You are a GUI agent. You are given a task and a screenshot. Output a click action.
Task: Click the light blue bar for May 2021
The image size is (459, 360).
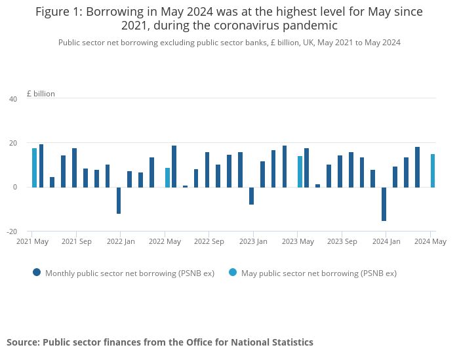pos(34,168)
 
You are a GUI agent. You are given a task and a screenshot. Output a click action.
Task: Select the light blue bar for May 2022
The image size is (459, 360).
pos(167,178)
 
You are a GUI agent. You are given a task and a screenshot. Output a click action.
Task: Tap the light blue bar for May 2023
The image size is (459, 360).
pos(300,172)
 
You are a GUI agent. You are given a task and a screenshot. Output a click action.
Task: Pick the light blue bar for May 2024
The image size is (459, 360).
pos(433,170)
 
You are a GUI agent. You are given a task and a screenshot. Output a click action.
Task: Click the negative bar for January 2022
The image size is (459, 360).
pos(119,200)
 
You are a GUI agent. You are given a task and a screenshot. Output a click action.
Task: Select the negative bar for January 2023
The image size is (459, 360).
pos(251,196)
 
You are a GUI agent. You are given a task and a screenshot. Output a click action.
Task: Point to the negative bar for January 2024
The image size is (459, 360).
pos(384,204)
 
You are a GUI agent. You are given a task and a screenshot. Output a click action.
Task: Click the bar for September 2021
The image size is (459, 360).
pos(74,168)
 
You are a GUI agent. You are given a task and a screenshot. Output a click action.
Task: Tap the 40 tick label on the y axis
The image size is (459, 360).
pos(13,99)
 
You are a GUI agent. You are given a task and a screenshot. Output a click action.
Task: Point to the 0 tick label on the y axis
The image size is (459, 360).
pos(15,188)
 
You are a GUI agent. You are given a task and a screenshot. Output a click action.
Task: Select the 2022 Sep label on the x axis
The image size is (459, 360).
pos(209,241)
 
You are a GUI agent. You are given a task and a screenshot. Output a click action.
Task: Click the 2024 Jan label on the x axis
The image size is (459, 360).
pos(386,241)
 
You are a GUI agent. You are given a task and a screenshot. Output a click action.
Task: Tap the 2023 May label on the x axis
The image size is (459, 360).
pos(298,241)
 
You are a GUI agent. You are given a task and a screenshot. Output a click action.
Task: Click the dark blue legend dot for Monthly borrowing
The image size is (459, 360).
pos(37,273)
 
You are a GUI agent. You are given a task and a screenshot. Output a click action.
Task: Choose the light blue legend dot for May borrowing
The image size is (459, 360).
pos(233,273)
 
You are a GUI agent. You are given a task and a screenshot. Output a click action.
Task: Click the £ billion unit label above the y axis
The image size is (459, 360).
pos(41,94)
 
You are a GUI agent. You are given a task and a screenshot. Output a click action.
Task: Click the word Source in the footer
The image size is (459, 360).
pos(22,342)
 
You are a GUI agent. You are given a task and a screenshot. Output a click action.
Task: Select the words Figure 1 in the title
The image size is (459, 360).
pos(58,12)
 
